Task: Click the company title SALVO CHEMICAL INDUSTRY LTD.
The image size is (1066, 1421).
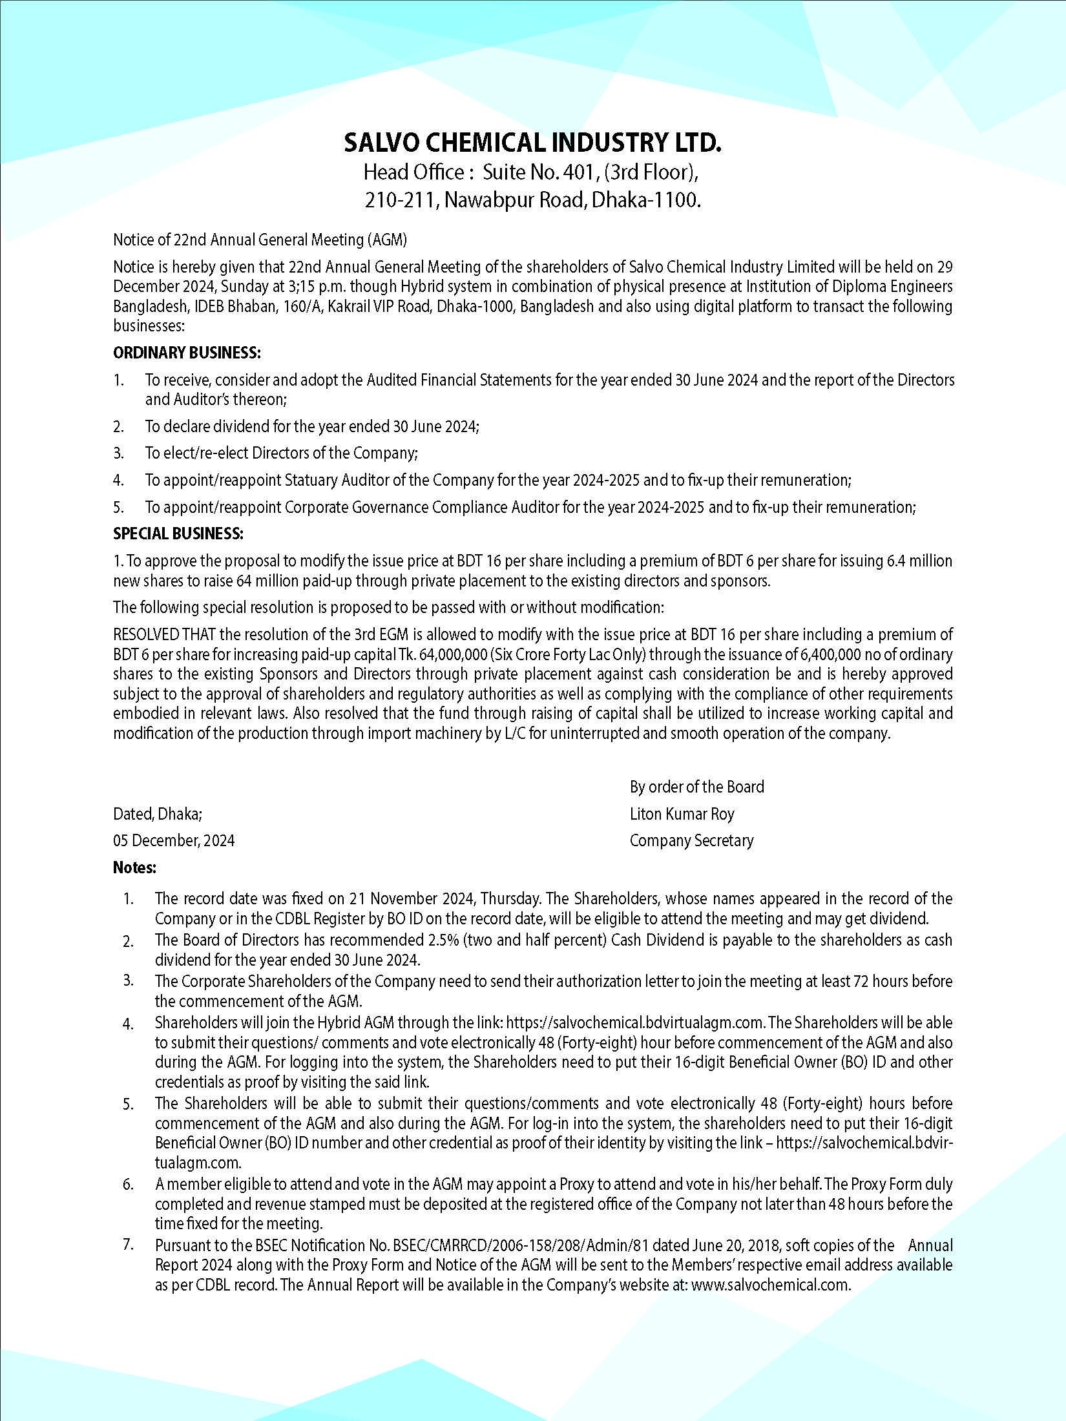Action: (532, 143)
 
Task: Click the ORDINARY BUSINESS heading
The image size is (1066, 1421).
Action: (187, 353)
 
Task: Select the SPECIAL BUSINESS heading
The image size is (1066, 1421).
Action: (178, 534)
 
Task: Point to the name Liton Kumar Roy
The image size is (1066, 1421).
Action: (682, 814)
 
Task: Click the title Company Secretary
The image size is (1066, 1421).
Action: (691, 840)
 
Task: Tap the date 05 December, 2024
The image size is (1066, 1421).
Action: (174, 840)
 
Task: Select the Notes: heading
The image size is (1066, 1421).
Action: (134, 867)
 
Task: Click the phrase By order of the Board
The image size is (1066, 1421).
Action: (696, 787)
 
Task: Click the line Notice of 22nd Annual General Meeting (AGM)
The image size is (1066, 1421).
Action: (260, 240)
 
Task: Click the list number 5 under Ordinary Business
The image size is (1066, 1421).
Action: (118, 507)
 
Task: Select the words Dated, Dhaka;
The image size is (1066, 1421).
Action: (158, 814)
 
